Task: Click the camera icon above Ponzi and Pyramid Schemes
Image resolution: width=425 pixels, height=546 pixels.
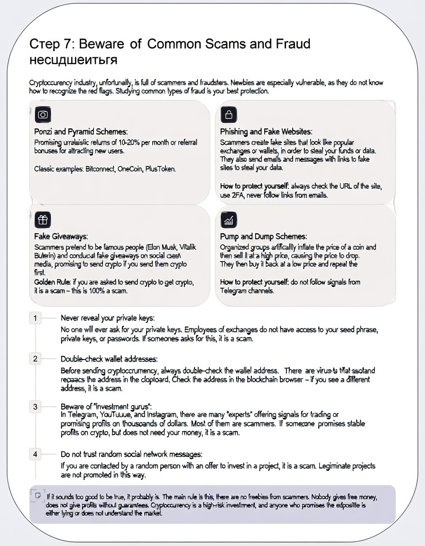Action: click(43, 115)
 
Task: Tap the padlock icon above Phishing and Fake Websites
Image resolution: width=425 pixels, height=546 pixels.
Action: click(229, 115)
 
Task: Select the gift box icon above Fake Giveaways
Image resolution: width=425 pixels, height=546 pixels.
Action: click(43, 219)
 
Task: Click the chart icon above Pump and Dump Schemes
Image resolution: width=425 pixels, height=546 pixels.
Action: click(229, 219)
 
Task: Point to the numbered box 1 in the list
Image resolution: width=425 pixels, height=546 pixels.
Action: click(35, 318)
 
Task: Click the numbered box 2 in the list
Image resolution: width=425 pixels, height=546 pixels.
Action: click(35, 359)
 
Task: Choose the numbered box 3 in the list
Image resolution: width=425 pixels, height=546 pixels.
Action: click(35, 407)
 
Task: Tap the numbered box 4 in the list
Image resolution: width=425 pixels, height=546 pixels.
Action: click(35, 455)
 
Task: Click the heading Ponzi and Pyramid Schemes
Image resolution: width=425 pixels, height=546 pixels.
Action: click(81, 132)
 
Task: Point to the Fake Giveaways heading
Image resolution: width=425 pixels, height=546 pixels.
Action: click(61, 237)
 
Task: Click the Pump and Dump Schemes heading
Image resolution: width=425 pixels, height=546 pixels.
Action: click(263, 237)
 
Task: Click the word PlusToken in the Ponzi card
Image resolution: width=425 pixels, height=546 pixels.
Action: click(160, 169)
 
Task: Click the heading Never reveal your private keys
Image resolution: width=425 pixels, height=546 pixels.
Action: click(108, 318)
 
